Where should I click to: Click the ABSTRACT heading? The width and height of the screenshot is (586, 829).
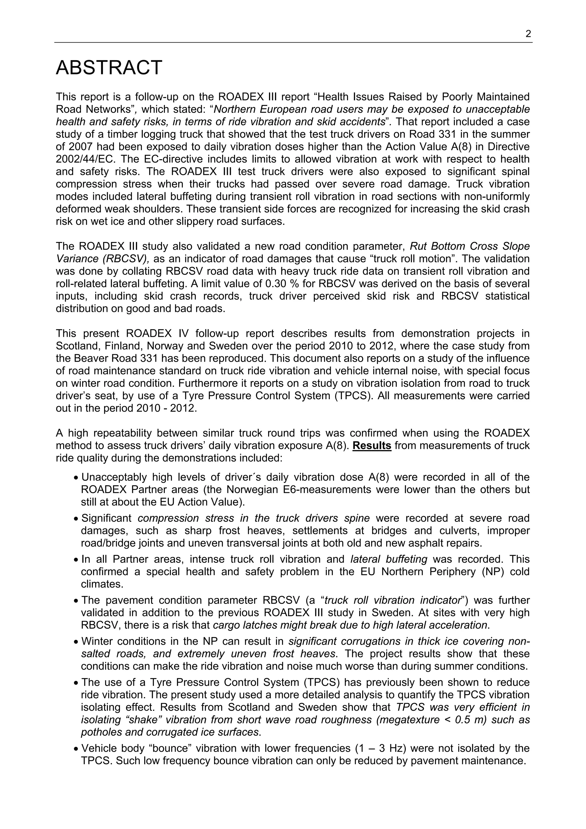(x=109, y=68)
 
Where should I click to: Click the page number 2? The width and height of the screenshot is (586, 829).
(x=528, y=34)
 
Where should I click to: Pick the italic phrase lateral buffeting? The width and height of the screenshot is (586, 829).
(x=389, y=559)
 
